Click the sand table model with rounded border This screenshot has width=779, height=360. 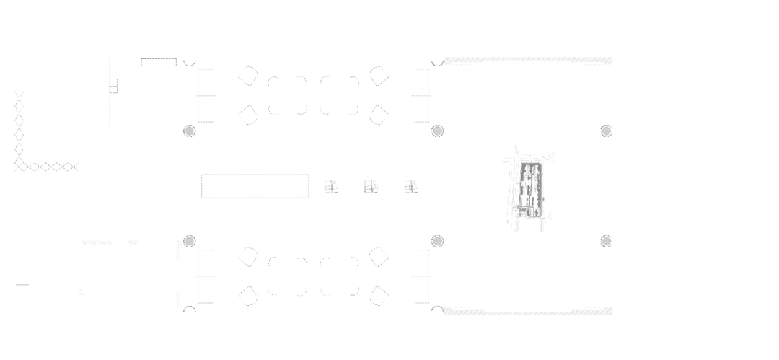tap(527, 186)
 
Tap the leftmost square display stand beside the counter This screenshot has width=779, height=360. tap(330, 186)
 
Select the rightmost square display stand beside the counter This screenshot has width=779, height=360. tap(412, 186)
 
